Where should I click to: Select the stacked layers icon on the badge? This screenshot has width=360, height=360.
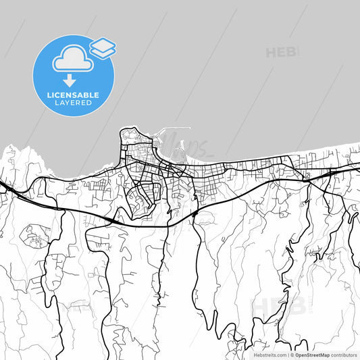pyautogui.click(x=102, y=47)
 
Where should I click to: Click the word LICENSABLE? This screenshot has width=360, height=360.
pyautogui.click(x=74, y=95)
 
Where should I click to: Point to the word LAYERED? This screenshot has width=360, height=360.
pyautogui.click(x=74, y=103)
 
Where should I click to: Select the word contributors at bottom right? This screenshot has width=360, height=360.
pyautogui.click(x=344, y=354)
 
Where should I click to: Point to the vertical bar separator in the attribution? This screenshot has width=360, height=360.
pyautogui.click(x=287, y=354)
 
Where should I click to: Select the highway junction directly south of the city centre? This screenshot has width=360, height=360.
pyautogui.click(x=194, y=213)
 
